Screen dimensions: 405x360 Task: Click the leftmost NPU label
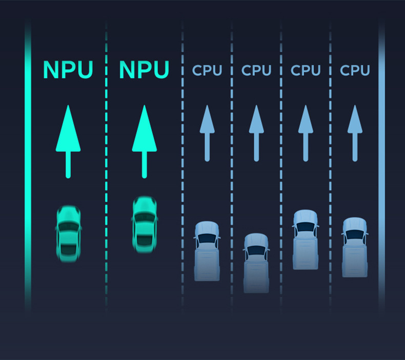[x=68, y=70]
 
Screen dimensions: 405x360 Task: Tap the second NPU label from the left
[x=144, y=70]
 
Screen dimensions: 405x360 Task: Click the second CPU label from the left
[x=256, y=70]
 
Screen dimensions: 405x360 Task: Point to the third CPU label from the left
[x=306, y=70]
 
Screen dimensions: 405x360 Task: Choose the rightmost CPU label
[x=355, y=70]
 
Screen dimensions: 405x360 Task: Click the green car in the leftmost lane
[x=68, y=231]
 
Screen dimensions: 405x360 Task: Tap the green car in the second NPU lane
[x=144, y=224]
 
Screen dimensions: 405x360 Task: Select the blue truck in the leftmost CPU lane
[x=207, y=251]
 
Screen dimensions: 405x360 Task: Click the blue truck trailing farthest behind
[x=256, y=262]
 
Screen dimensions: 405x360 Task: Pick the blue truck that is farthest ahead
[x=306, y=239]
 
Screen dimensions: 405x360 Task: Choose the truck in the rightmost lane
[x=355, y=247]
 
